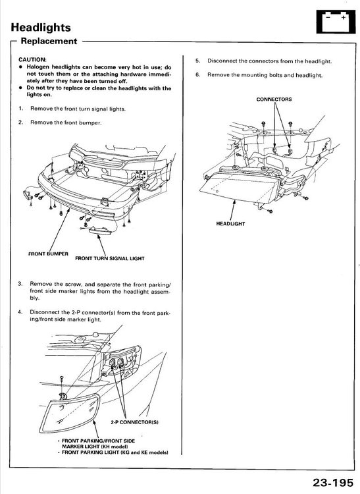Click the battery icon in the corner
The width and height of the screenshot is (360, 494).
tap(336, 22)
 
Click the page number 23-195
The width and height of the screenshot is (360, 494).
tap(333, 483)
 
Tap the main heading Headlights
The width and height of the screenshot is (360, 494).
tap(41, 28)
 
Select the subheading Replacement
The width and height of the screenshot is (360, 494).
tap(49, 41)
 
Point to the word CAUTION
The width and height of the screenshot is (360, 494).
tap(32, 59)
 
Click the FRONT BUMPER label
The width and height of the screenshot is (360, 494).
tap(48, 254)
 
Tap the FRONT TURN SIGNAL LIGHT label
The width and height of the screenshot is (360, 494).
tap(109, 258)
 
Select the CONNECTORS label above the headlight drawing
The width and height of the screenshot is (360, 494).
tap(274, 99)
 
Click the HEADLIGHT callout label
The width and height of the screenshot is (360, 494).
tap(230, 224)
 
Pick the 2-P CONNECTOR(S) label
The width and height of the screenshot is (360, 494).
tap(134, 422)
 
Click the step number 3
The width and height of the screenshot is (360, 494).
tap(20, 284)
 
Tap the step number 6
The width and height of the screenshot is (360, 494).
tap(197, 75)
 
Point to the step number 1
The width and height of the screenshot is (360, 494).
tap(20, 109)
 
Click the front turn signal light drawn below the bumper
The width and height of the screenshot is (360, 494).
tap(100, 230)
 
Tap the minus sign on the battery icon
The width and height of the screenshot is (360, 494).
tap(328, 18)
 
